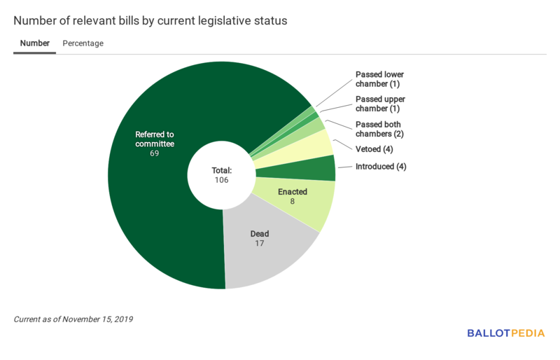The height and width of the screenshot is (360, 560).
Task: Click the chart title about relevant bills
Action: [150, 21]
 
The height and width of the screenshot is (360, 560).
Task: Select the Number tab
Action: [34, 43]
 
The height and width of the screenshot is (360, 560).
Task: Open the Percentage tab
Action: [83, 43]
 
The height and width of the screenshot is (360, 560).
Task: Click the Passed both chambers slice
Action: [319, 125]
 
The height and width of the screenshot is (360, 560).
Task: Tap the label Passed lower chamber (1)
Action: [379, 79]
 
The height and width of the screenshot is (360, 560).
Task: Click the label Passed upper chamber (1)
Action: [379, 104]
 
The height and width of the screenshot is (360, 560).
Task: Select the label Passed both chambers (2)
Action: [379, 129]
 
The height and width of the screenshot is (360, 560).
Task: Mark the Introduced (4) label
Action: [381, 167]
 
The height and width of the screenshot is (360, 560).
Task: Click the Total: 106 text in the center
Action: [221, 175]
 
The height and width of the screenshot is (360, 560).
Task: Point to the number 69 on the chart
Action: [154, 153]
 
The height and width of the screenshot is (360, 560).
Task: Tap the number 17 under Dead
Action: [260, 243]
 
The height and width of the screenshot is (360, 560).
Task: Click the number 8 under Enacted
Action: [293, 201]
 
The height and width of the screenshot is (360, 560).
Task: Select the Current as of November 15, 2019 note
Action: [73, 319]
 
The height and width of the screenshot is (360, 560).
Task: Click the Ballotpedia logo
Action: [505, 333]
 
